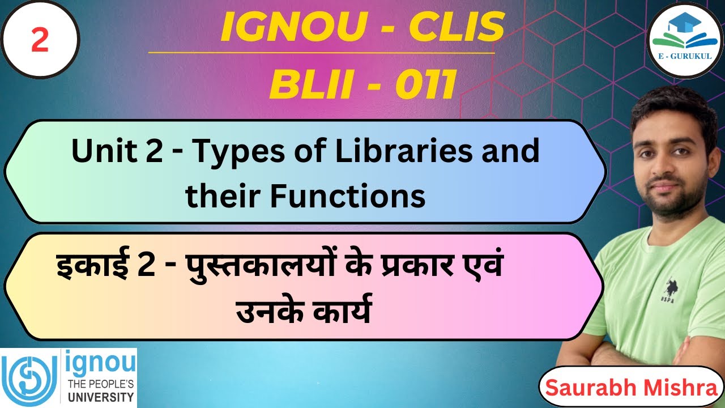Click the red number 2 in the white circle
[40, 41]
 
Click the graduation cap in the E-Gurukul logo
[680, 24]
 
